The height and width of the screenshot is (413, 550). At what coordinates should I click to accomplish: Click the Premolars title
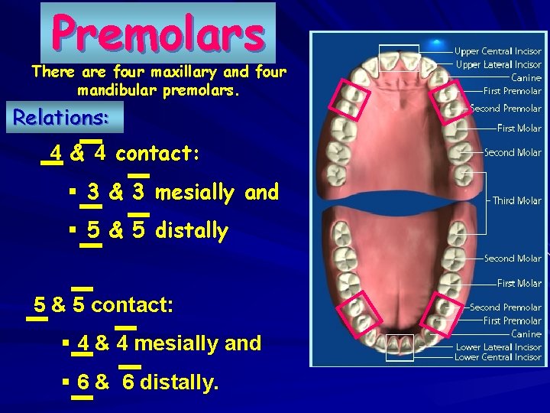[x=158, y=33]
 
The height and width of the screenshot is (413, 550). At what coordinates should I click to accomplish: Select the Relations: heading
[x=61, y=118]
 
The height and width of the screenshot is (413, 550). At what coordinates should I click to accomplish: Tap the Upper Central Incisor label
[x=498, y=52]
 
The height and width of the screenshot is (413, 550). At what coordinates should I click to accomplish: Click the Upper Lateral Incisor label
[x=498, y=65]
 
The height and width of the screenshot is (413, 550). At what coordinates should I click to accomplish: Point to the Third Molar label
[x=517, y=200]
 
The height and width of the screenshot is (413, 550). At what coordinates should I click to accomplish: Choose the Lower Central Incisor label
[x=498, y=357]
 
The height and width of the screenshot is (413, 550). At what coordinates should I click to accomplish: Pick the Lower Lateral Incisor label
[x=498, y=346]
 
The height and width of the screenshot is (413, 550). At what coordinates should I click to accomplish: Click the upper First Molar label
[x=519, y=128]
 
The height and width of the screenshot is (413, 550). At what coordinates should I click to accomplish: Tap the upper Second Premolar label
[x=506, y=109]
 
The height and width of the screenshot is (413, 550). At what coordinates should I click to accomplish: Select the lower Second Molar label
[x=513, y=259]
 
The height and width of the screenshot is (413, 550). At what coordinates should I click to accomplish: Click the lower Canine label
[x=526, y=333]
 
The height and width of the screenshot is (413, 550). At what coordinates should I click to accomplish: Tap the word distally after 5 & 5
[x=191, y=230]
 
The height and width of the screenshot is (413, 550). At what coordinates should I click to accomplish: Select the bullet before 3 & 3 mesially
[x=71, y=193]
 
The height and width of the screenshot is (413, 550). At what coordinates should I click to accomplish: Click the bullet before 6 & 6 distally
[x=66, y=382]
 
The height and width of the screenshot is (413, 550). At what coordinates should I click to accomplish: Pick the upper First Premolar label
[x=513, y=90]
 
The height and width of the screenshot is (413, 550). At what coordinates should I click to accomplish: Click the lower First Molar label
[x=519, y=283]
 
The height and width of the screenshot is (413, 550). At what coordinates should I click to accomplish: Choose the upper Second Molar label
[x=513, y=152]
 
